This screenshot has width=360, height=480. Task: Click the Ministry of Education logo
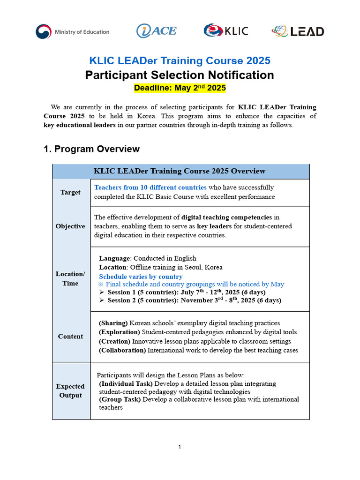72,32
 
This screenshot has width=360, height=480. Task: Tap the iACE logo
156,31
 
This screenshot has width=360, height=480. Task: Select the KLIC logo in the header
225,31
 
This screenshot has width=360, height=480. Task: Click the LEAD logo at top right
297,31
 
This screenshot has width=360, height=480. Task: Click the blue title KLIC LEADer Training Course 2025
180,60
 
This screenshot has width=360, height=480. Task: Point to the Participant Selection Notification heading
180,75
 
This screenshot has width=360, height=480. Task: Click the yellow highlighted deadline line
180,88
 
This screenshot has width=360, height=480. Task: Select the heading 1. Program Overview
91,149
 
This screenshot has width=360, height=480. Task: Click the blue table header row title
180,171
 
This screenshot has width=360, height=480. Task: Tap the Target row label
70,192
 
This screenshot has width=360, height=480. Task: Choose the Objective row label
70,226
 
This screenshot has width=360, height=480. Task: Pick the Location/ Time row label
70,278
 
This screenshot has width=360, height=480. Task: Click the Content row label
70,336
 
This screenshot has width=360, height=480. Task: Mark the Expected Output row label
70,391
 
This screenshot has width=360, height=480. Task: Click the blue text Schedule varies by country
141,277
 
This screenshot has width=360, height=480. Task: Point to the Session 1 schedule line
187,292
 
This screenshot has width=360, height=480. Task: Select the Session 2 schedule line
194,300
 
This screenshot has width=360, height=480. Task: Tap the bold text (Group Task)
120,399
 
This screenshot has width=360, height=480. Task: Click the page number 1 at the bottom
180,447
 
